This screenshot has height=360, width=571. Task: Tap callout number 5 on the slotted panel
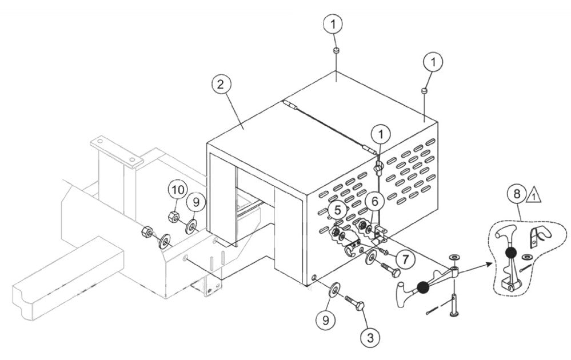(x=338, y=210)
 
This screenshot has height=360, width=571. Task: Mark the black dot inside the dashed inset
(x=510, y=252)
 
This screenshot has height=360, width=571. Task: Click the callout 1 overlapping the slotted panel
(x=380, y=135)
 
